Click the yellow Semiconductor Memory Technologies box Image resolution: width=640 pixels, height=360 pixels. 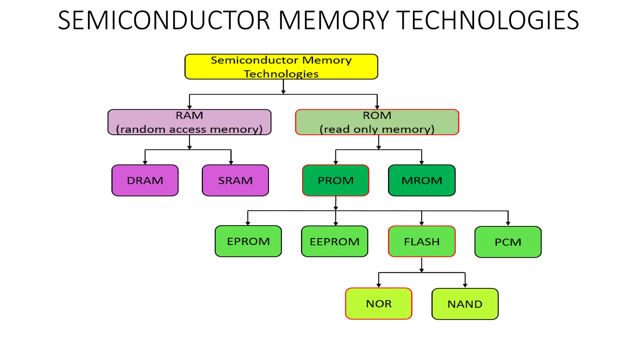[281, 67]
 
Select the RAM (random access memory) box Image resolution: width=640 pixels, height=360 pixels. [189, 122]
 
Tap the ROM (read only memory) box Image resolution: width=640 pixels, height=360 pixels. [377, 122]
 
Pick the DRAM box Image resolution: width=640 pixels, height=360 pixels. [145, 180]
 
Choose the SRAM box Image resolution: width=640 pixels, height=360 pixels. [235, 180]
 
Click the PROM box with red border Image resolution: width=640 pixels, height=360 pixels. [336, 180]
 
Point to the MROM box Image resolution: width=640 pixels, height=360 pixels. [422, 180]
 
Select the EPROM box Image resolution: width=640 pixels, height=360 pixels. [248, 241]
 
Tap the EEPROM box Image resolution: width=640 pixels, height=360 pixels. [334, 242]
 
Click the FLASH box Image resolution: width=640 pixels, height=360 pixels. [422, 242]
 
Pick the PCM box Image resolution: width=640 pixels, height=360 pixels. [508, 242]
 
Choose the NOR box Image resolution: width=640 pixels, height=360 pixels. [378, 303]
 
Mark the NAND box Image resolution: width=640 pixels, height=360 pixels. [465, 304]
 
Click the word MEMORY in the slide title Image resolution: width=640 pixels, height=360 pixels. [333, 20]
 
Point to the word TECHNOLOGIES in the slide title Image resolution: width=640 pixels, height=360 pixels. [489, 20]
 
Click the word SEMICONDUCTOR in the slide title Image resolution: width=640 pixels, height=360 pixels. [164, 20]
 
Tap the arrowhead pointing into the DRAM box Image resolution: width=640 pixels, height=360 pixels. [145, 162]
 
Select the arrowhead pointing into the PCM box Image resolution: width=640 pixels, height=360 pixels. [508, 223]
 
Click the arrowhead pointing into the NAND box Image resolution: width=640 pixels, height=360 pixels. [465, 285]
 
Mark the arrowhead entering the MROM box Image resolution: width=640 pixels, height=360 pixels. [422, 162]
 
